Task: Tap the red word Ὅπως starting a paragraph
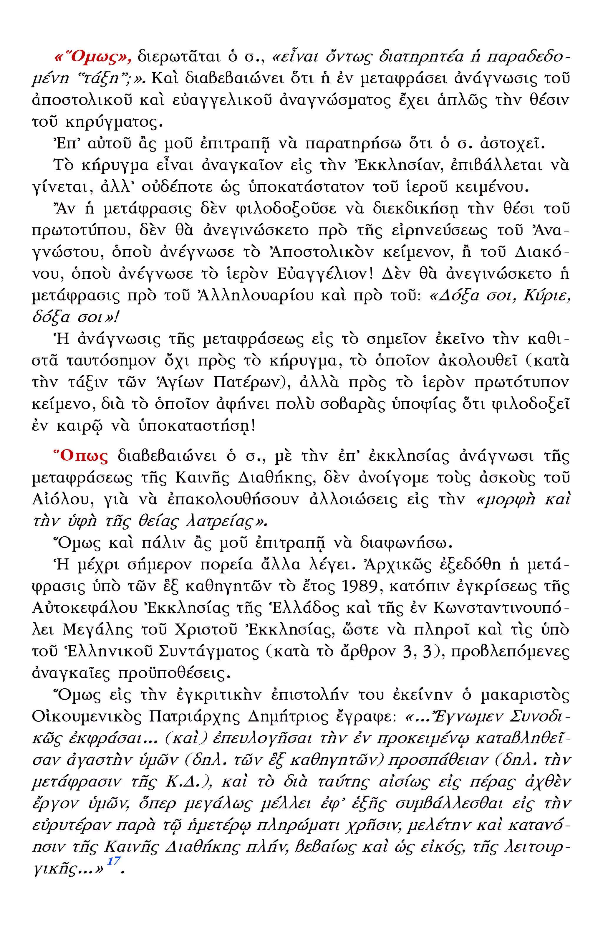click(x=81, y=456)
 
